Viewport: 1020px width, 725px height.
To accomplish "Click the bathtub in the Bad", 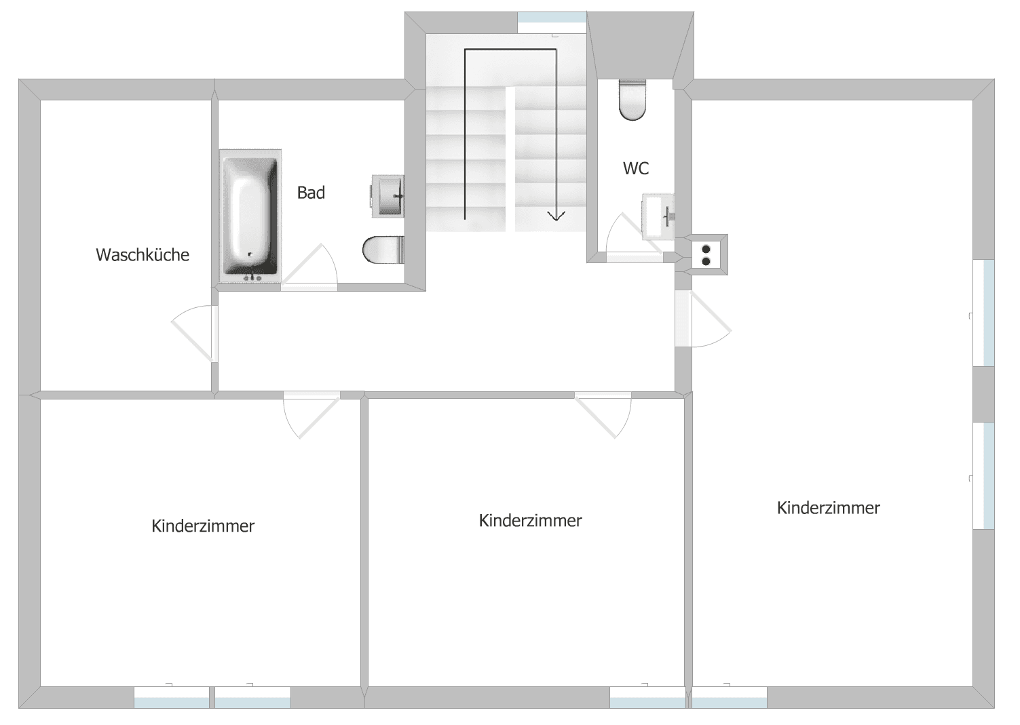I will [250, 216].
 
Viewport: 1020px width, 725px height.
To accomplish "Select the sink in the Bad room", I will [388, 196].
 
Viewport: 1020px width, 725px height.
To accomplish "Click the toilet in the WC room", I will [632, 100].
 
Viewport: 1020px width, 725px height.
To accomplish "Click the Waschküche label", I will [143, 255].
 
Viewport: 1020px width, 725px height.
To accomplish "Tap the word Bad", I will [311, 193].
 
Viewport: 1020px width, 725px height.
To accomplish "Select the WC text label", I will [636, 168].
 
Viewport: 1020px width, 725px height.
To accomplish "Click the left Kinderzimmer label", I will [203, 526].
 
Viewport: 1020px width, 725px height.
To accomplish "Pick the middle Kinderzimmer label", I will [530, 520].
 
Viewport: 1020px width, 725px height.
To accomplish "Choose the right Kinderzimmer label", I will [828, 508].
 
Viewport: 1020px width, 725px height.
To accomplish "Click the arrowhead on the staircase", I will [556, 216].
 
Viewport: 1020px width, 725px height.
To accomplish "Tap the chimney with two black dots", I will [706, 254].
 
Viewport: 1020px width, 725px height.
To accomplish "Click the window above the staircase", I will [552, 22].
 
